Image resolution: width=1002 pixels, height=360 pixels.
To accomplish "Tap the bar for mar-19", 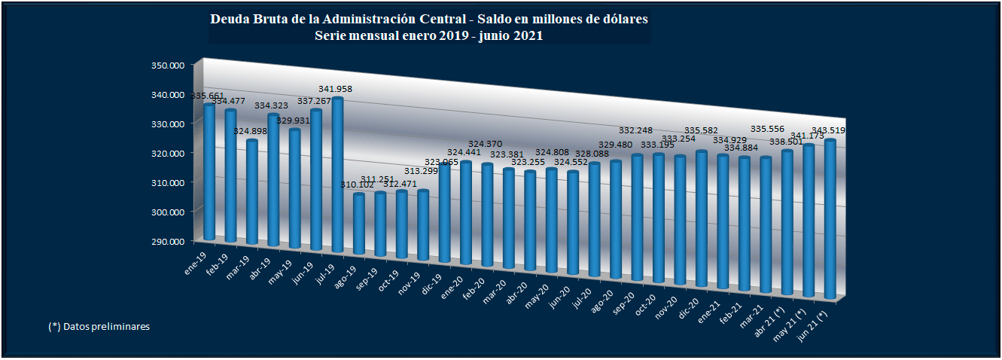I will (252, 193).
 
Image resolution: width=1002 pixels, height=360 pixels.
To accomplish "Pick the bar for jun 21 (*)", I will (830, 218).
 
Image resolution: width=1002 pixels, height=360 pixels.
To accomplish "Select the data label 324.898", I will (251, 131).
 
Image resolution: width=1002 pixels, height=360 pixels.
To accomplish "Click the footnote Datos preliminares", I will (106, 327).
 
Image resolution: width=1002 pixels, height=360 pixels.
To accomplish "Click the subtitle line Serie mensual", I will (429, 35).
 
